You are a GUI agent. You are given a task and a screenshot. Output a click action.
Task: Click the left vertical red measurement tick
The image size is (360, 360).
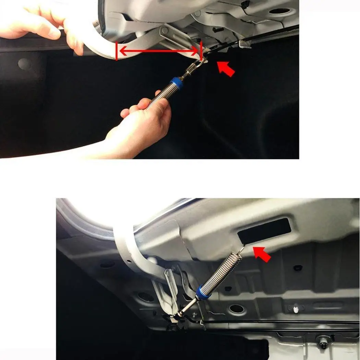pos(117,51)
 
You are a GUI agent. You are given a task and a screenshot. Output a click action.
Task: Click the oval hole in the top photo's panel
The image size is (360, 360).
pos(279,11)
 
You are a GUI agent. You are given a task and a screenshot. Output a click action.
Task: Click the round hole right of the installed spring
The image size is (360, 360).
pos(237,309)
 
